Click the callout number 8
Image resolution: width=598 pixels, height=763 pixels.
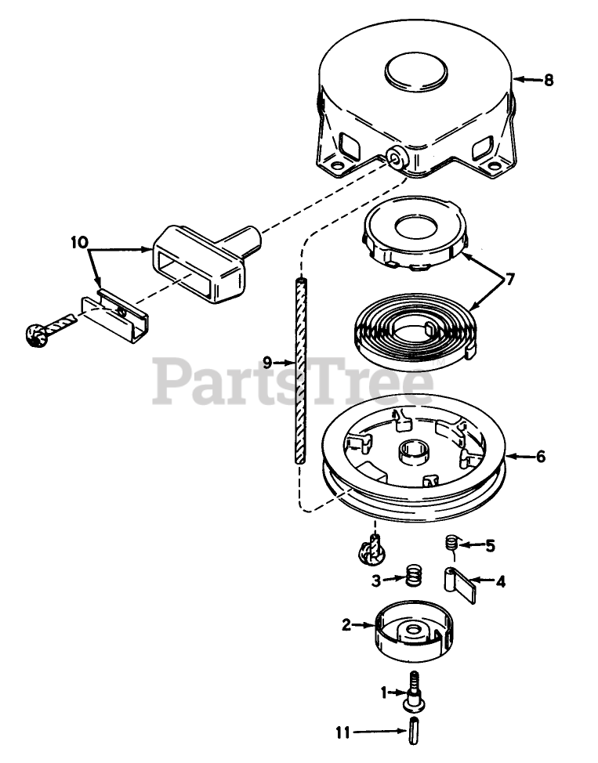click(548, 80)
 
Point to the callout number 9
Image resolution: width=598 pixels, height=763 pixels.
click(268, 362)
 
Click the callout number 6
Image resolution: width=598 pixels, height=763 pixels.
click(541, 456)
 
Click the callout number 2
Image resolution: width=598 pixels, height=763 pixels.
click(345, 624)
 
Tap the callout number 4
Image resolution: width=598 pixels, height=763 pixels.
click(499, 581)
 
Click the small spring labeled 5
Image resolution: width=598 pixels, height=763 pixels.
click(451, 541)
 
